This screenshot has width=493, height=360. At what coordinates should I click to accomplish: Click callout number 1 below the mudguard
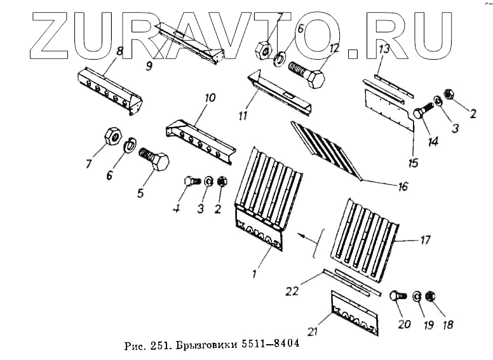pyautogui.click(x=254, y=274)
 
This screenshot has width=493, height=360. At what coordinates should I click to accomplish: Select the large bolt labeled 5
pyautogui.click(x=154, y=159)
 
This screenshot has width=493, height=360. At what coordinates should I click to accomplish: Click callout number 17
pyautogui.click(x=425, y=240)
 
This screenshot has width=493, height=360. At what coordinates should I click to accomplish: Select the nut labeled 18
pyautogui.click(x=429, y=297)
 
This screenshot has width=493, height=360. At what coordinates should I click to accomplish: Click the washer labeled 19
pyautogui.click(x=416, y=296)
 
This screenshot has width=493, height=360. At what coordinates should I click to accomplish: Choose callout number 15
pyautogui.click(x=414, y=163)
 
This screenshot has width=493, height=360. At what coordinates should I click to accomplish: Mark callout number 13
pyautogui.click(x=384, y=49)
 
